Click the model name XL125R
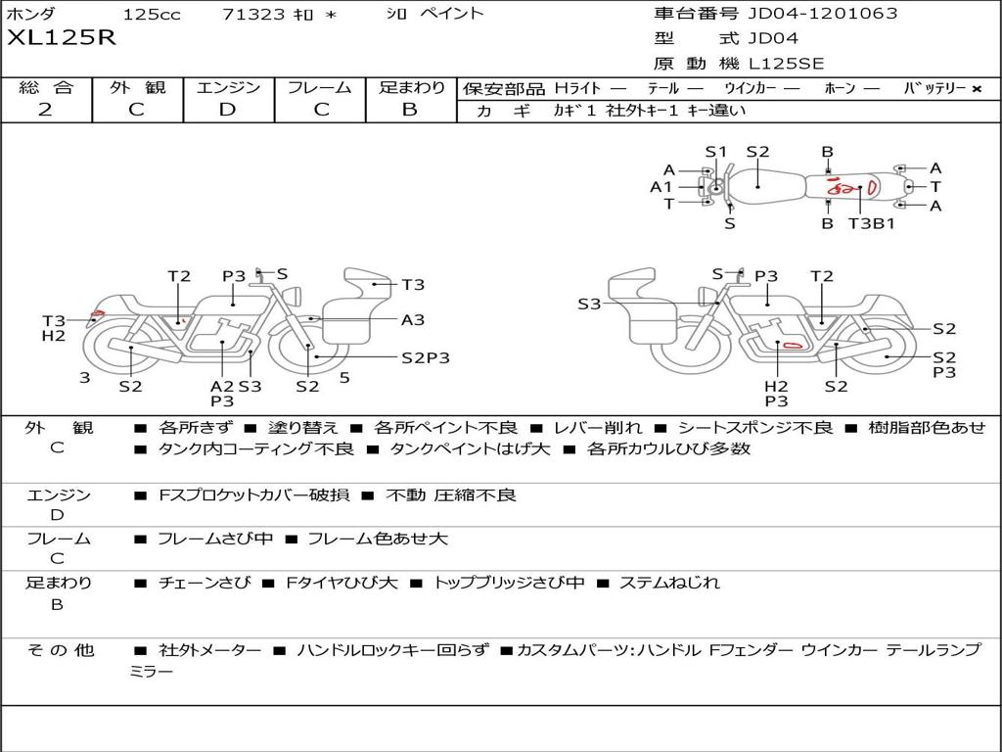pyautogui.click(x=62, y=38)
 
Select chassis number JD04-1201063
pyautogui.click(x=822, y=14)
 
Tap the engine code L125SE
pyautogui.click(x=786, y=64)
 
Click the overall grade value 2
pyautogui.click(x=45, y=110)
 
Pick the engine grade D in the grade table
pyautogui.click(x=227, y=110)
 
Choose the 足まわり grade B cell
pyautogui.click(x=410, y=110)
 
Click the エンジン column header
pyautogui.click(x=228, y=87)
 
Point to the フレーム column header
pyautogui.click(x=320, y=87)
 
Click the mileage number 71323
pyautogui.click(x=253, y=14)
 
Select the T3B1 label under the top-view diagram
pyautogui.click(x=871, y=223)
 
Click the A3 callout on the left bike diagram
pyautogui.click(x=413, y=319)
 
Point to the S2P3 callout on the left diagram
pyautogui.click(x=426, y=357)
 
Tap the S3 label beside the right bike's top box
pyautogui.click(x=589, y=305)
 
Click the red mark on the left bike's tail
pyautogui.click(x=96, y=316)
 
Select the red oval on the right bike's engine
pyautogui.click(x=792, y=344)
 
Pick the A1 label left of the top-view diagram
pyautogui.click(x=661, y=187)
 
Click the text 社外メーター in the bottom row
pyautogui.click(x=209, y=650)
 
